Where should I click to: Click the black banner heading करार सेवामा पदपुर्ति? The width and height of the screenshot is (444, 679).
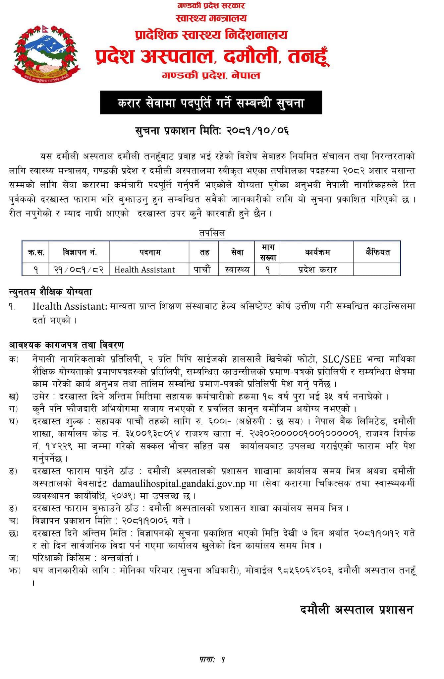[211, 103]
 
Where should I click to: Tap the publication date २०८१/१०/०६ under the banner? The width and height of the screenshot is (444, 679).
[257, 131]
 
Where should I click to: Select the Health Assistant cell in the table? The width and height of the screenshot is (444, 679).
[144, 270]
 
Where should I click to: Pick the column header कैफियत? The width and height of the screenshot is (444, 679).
[377, 252]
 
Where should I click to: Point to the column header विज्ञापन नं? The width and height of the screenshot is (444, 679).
[80, 252]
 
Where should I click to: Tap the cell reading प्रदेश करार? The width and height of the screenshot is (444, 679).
[317, 270]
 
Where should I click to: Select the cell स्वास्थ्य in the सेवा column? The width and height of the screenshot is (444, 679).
[237, 270]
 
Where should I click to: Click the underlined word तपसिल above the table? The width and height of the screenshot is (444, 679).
[212, 233]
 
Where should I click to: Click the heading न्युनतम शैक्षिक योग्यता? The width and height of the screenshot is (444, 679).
[50, 292]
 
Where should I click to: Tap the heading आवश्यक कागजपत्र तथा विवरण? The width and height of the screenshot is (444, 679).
[66, 345]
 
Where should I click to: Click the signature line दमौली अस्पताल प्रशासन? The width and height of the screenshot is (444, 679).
[357, 609]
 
